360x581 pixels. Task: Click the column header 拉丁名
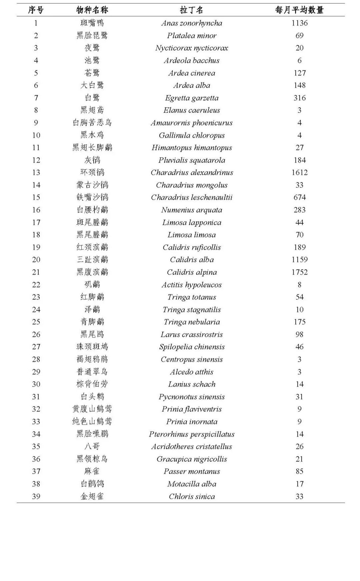[191, 10]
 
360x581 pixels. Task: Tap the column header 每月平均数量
[299, 10]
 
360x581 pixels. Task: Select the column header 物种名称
[92, 10]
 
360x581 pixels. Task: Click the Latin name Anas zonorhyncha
[192, 23]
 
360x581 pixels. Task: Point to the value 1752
[299, 272]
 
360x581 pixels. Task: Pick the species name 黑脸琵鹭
[92, 36]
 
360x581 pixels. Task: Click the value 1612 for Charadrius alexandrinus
[299, 173]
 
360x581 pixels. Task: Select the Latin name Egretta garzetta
[192, 98]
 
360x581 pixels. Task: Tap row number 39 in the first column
[36, 496]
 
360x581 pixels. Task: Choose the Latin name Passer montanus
[192, 471]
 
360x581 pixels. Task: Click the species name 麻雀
[92, 471]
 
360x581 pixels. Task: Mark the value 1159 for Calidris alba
[299, 260]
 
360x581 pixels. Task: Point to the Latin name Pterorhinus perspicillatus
[192, 434]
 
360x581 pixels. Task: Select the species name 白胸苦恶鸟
[92, 123]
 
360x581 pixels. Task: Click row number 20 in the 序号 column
[36, 260]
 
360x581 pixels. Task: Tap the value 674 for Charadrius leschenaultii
[299, 197]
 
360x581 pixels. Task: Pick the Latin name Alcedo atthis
[192, 372]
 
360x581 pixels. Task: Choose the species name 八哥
[92, 446]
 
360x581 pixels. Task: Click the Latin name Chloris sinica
[192, 496]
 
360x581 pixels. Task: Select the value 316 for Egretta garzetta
[299, 98]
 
